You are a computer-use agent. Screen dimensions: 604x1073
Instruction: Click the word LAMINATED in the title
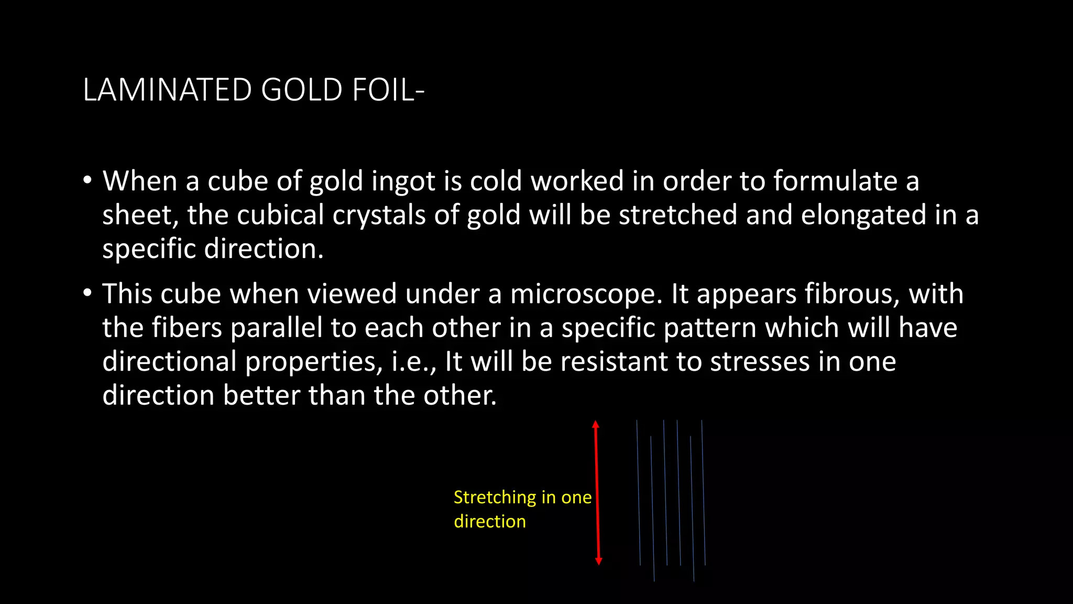167,90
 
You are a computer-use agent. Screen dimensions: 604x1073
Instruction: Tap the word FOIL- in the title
388,90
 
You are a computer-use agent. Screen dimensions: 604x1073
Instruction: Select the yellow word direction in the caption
489,522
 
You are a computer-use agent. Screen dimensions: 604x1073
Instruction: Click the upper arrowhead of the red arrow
596,425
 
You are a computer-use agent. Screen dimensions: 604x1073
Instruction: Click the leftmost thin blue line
639,493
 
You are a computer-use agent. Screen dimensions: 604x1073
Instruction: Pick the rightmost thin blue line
704,493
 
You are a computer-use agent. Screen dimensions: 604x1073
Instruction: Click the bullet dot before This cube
87,293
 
